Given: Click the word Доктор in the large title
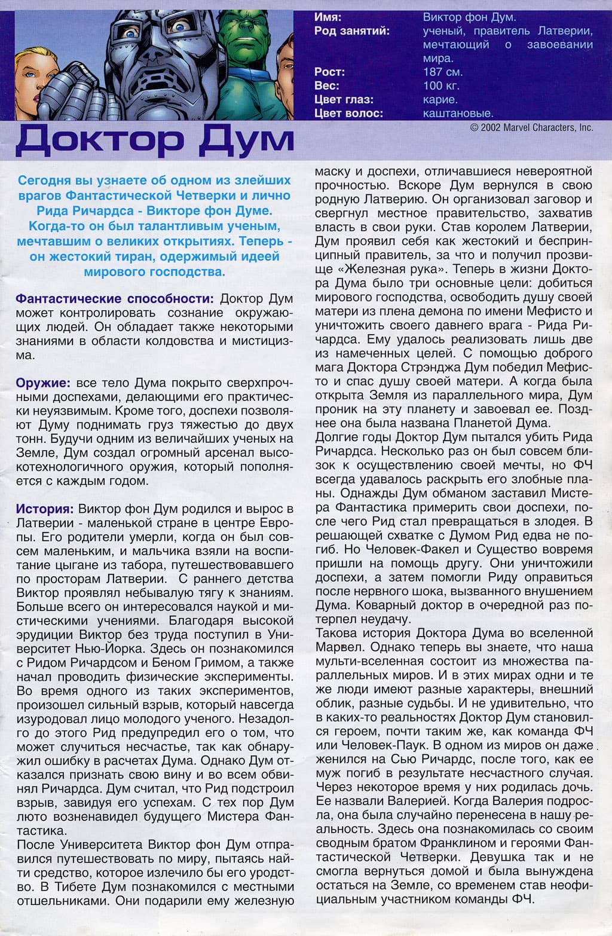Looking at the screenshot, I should point(99,140).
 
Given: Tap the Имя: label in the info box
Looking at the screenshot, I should point(328,17).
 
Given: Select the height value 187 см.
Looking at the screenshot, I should point(443,72).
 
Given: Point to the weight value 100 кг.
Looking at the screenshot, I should point(441,85).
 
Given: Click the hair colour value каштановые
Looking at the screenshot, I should point(458,113).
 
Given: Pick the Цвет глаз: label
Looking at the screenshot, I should point(344,99).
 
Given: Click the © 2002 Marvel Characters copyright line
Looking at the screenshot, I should point(531,127).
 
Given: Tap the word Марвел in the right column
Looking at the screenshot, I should point(339,647).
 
